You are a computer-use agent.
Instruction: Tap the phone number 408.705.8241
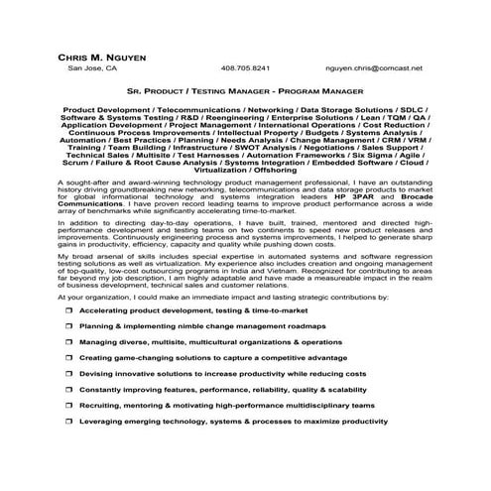click(x=245, y=68)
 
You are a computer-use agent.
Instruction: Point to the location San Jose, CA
click(x=91, y=68)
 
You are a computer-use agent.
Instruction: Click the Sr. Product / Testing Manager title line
click(x=245, y=88)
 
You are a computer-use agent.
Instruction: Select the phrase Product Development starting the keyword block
click(x=101, y=107)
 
